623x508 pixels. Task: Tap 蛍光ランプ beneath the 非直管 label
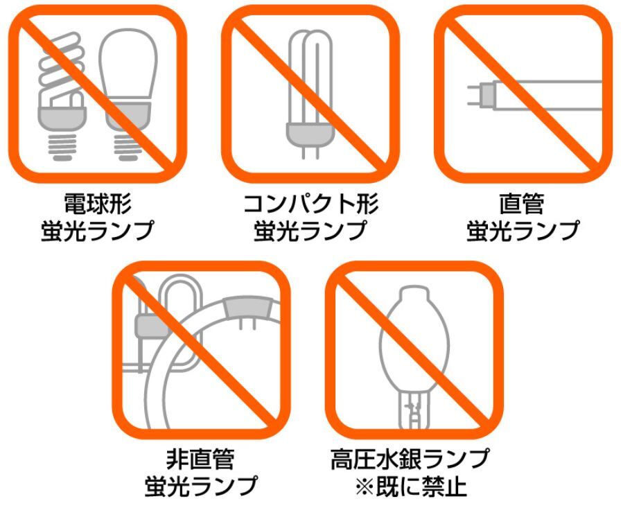[201, 486]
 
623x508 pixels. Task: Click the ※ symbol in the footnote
[365, 486]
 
